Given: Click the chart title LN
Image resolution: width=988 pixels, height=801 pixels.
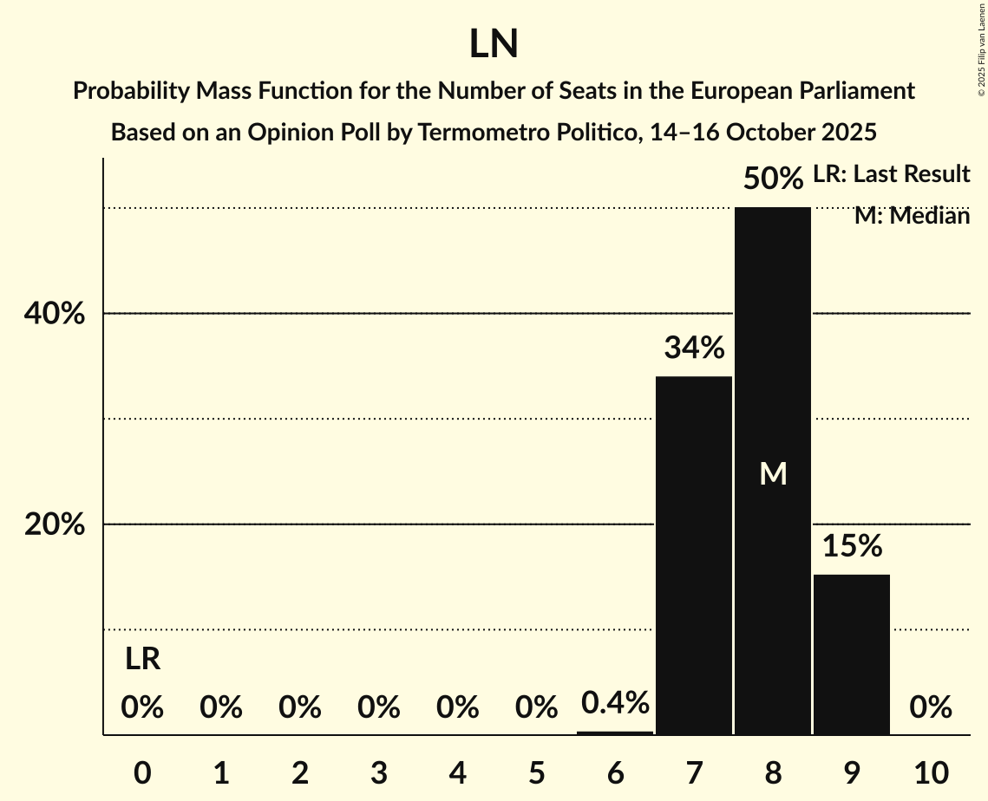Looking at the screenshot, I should (x=494, y=44).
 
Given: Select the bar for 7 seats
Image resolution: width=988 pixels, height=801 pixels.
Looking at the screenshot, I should (x=693, y=555).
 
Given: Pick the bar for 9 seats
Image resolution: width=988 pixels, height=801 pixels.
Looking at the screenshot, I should (x=851, y=654).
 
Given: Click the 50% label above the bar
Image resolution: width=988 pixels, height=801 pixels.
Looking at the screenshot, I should (x=772, y=179).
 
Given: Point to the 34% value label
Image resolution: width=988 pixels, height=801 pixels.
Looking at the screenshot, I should (x=694, y=348).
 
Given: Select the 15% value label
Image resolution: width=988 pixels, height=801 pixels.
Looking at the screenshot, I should (x=852, y=546).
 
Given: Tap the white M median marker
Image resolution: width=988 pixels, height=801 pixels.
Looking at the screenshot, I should (x=772, y=473).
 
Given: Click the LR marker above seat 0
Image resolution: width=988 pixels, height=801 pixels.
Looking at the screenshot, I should (x=142, y=660).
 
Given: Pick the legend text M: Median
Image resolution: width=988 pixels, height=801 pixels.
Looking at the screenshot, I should (x=912, y=216).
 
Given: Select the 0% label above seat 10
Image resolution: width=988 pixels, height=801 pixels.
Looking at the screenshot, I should (x=931, y=708).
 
